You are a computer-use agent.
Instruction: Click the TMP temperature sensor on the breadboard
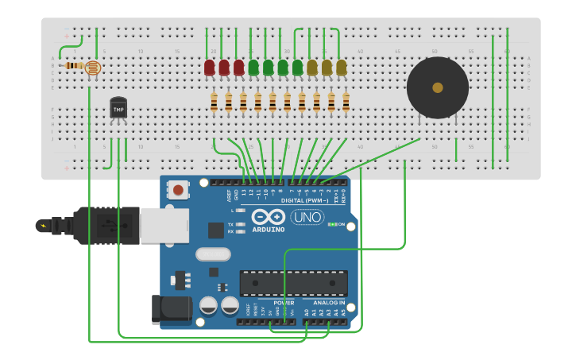118,108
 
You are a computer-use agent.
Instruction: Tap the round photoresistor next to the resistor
93,68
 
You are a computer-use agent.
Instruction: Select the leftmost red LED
210,68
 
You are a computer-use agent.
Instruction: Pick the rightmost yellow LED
341,68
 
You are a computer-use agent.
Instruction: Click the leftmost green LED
253,68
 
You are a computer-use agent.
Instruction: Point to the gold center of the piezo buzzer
438,87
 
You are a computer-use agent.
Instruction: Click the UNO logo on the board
307,217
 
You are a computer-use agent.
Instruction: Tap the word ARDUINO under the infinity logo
269,230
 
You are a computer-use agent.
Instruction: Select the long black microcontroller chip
293,283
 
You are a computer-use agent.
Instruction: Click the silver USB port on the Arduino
164,225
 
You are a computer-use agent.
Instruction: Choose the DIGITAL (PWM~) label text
307,201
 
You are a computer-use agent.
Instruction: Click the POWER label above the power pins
284,303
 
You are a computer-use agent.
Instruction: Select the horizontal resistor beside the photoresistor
75,66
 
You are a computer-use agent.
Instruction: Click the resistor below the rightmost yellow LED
346,102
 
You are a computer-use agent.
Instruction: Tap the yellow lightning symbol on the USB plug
42,226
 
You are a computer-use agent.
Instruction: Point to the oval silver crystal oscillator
212,254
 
